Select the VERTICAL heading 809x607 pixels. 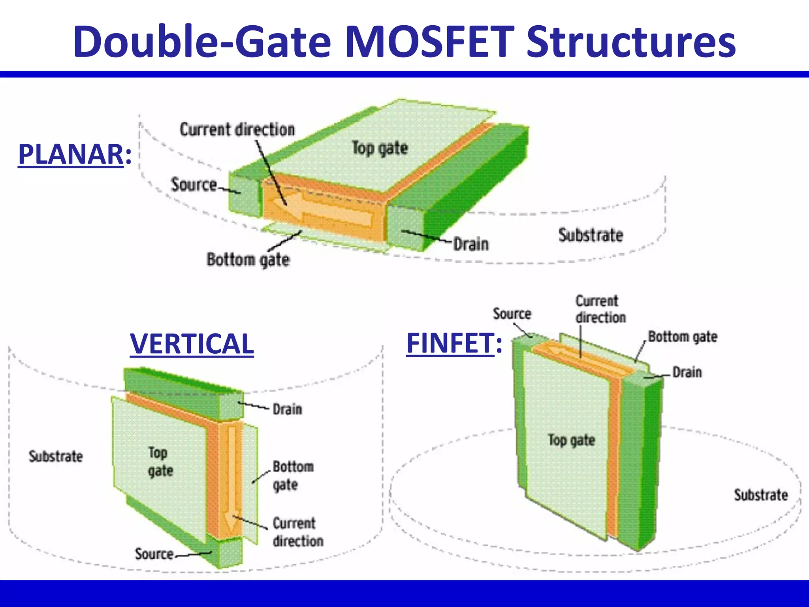pos(192,343)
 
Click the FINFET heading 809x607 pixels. pos(450,343)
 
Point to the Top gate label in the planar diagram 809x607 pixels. pos(380,148)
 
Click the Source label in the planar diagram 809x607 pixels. pos(194,185)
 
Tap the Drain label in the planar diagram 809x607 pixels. pos(471,244)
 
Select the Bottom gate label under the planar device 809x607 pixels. pos(248,260)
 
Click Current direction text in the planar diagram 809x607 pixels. pos(237,130)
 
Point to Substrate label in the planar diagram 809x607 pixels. pos(591,235)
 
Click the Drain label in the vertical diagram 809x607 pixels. pos(288,409)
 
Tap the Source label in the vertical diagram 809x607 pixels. pos(154,554)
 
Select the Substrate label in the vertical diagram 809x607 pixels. pos(56,456)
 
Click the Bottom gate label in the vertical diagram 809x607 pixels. pos(293,476)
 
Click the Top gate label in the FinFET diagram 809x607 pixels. pos(571,440)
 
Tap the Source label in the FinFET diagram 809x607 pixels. pos(512,314)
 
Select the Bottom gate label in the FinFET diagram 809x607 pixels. pos(683,337)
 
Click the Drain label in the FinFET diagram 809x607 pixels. pos(687,372)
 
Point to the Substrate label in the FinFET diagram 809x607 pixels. pos(760,495)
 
